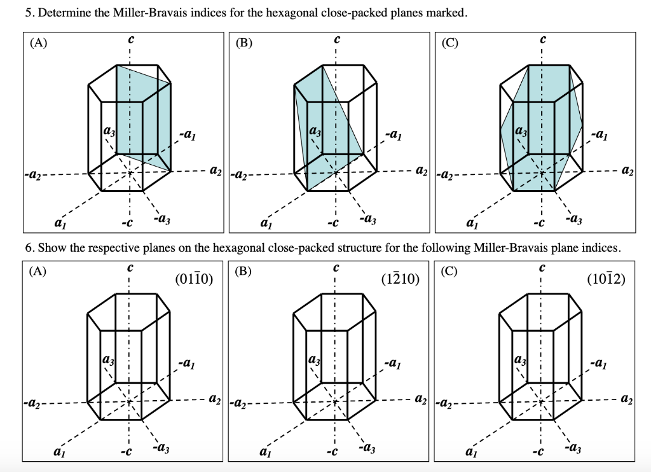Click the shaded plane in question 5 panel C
540,127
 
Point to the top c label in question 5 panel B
336,39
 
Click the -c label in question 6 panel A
127,453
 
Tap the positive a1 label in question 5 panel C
472,223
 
